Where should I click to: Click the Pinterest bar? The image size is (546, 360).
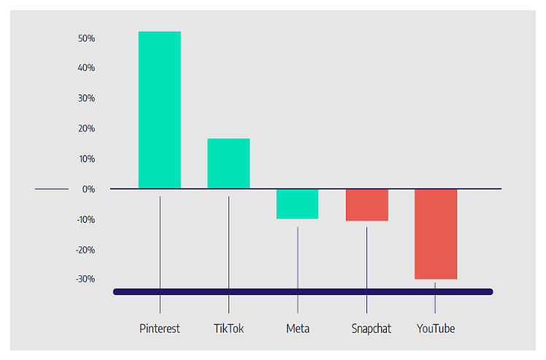tap(159, 110)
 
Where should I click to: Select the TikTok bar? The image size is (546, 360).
tap(228, 164)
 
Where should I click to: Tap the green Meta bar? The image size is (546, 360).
tap(297, 204)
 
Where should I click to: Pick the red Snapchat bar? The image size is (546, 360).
tap(367, 205)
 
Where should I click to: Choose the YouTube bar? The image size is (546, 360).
tap(436, 234)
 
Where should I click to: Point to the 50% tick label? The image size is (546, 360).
tap(86, 38)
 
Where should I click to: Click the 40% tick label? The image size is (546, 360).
tap(86, 68)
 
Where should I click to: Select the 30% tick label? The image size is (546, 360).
tap(86, 99)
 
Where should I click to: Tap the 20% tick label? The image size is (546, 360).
tap(86, 129)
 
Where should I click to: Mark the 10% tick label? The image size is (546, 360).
tap(87, 159)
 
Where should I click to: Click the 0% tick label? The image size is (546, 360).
tap(88, 189)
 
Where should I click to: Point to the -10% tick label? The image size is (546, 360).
tap(86, 220)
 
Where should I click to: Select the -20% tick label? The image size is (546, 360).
tap(85, 250)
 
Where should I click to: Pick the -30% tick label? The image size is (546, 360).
tap(85, 279)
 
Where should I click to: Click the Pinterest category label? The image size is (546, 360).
tap(159, 329)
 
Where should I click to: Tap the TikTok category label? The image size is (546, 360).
tap(228, 329)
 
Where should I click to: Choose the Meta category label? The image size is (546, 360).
tap(298, 329)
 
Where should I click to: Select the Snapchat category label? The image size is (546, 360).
tap(372, 329)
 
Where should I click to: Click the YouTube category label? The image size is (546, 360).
tap(436, 329)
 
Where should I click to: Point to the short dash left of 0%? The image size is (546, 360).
tap(52, 189)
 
